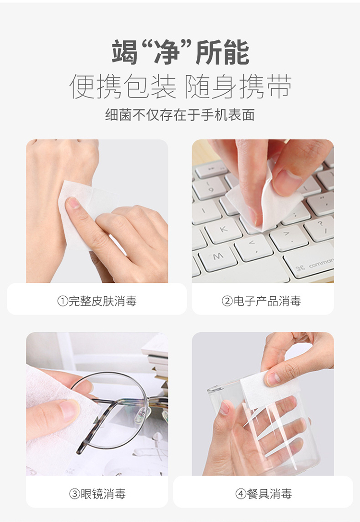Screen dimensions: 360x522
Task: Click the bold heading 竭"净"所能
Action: (x=180, y=52)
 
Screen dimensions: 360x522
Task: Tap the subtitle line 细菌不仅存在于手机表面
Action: (x=180, y=115)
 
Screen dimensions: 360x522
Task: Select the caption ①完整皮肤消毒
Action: (x=97, y=301)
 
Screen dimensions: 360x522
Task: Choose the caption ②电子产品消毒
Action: (x=261, y=301)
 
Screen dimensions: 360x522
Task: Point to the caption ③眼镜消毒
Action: (x=97, y=494)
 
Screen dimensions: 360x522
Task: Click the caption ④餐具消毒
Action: (x=263, y=494)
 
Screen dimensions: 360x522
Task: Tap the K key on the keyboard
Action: (x=223, y=230)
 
